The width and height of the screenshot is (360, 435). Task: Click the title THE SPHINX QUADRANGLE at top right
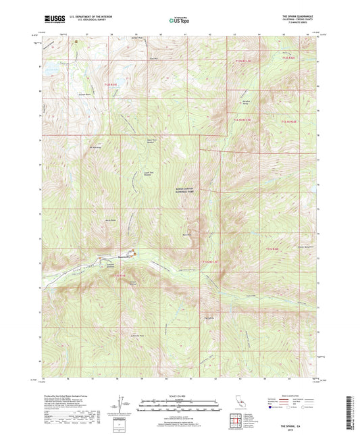[x=295, y=17]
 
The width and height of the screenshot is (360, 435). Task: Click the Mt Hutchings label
[x=95, y=147]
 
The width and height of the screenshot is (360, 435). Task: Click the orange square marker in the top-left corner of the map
[x=77, y=41]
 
